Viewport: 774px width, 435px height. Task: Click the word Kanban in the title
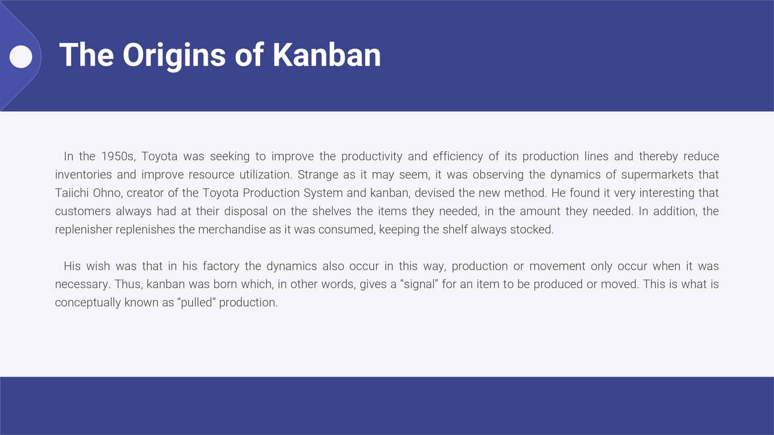tap(326, 55)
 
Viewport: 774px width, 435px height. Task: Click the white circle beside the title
tap(21, 56)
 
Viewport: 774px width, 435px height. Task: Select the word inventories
tap(82, 175)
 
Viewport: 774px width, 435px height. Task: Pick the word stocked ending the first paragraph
tap(534, 229)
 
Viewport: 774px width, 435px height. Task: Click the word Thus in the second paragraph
tap(125, 284)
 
